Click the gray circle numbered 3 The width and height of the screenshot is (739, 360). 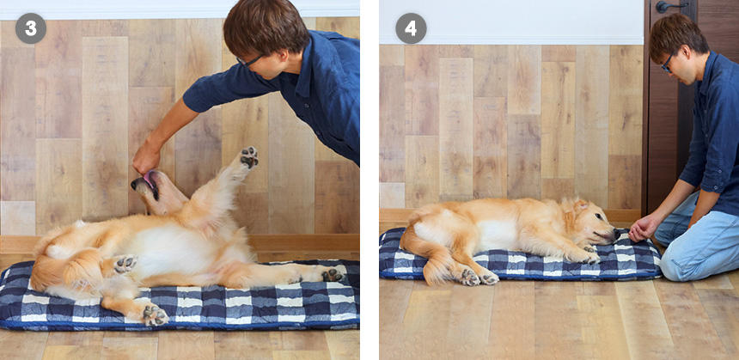(31, 28)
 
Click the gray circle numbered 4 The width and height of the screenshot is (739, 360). (411, 28)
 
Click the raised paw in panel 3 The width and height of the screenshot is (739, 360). (249, 157)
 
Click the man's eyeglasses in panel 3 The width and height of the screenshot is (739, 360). (249, 61)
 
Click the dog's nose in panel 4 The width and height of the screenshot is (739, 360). (617, 233)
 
